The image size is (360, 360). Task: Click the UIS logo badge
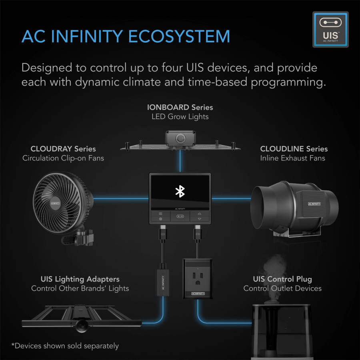(330, 30)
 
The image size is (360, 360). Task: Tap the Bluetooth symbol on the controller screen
(180, 191)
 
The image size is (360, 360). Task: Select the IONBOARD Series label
(180, 107)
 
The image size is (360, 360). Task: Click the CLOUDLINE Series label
(294, 149)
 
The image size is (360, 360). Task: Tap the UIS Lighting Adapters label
(80, 279)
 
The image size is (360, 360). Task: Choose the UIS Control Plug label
(282, 279)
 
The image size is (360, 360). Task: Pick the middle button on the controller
(180, 216)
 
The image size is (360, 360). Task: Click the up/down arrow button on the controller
(199, 216)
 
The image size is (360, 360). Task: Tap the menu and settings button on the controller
(160, 216)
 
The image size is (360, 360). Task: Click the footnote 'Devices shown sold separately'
(65, 346)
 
